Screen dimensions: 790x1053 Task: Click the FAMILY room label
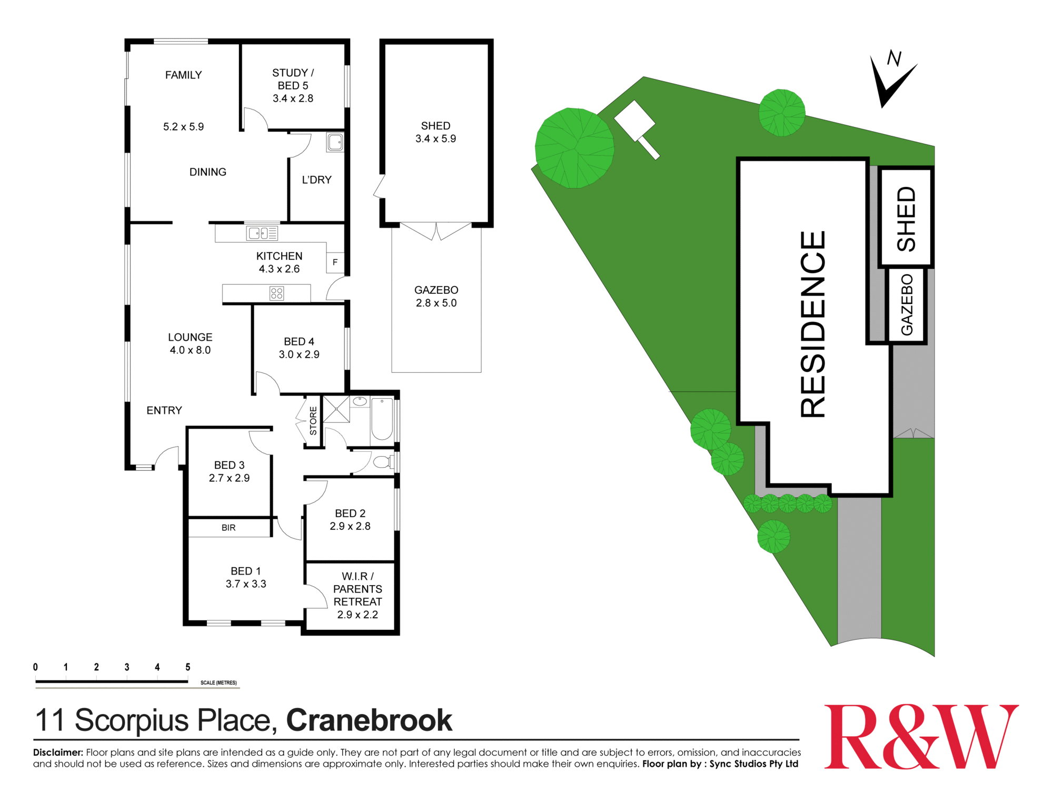183,75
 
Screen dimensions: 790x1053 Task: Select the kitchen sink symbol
262,233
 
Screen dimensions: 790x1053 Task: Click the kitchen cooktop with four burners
276,293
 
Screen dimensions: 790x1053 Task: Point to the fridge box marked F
335,262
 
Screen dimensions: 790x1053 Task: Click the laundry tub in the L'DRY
335,142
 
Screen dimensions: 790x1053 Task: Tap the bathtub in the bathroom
382,419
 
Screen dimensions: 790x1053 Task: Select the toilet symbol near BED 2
383,462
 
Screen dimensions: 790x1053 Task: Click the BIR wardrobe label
229,528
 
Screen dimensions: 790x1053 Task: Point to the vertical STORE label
313,421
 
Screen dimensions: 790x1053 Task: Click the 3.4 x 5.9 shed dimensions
435,139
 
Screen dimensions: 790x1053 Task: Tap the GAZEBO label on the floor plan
436,290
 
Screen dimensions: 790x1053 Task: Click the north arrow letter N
894,58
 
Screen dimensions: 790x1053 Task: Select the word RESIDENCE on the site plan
812,324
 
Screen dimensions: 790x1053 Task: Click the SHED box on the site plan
906,218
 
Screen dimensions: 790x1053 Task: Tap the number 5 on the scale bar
188,667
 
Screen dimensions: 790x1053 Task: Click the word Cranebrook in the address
369,720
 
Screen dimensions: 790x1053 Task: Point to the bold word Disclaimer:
58,752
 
